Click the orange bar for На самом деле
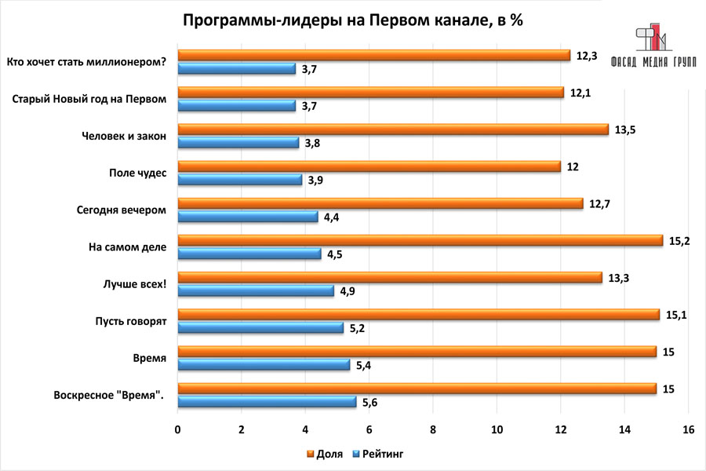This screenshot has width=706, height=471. [420, 240]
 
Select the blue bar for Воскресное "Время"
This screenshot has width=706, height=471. [267, 402]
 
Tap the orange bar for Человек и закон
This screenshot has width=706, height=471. [393, 130]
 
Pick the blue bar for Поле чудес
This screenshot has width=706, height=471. [240, 180]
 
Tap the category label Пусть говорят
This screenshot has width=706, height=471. [129, 320]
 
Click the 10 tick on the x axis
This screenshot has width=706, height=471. [497, 429]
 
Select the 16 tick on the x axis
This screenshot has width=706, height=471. [688, 429]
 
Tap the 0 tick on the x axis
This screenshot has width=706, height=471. [178, 429]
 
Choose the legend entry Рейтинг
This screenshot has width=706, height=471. [380, 454]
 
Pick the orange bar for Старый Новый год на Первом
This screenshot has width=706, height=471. [371, 93]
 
